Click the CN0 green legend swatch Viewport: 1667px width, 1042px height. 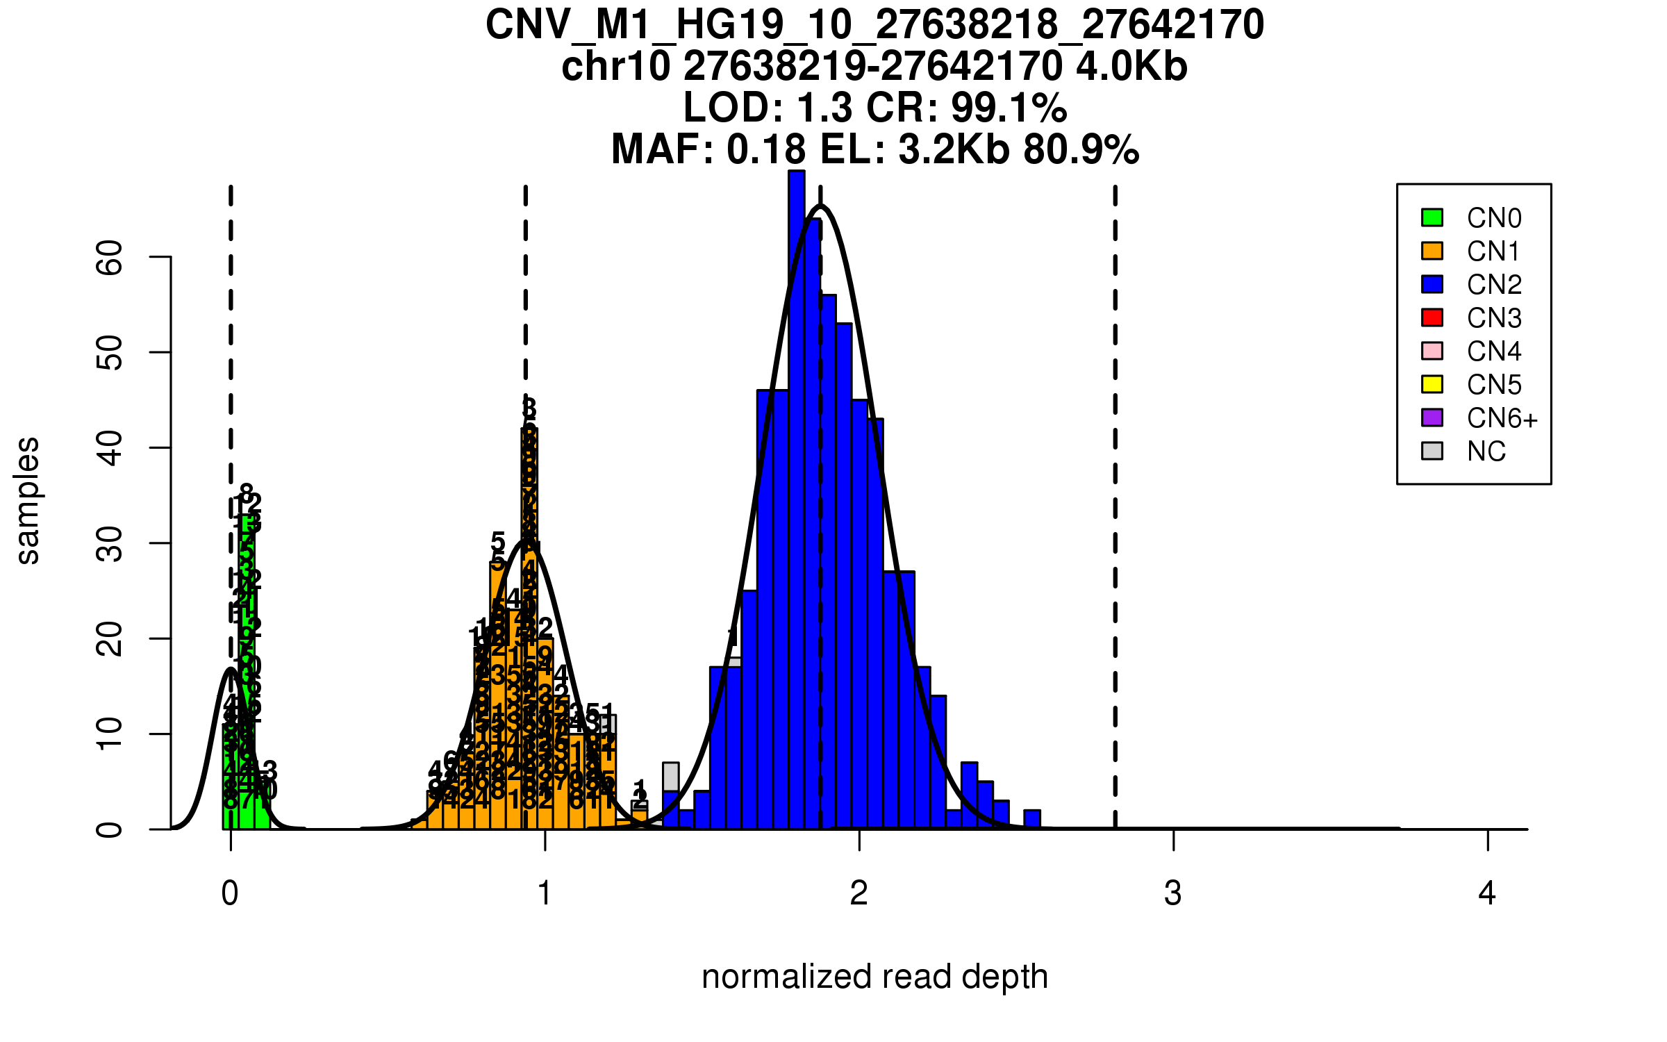[1432, 217]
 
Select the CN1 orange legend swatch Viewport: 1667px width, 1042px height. [1432, 251]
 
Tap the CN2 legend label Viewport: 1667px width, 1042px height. [1494, 285]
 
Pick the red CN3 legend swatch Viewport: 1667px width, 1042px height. [1432, 317]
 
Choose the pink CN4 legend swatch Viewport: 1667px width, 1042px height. [1432, 351]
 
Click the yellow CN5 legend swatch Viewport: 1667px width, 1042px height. [1432, 384]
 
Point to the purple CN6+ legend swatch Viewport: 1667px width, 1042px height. [1432, 417]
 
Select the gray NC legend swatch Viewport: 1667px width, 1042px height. [1432, 451]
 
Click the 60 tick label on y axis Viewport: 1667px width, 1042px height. [110, 258]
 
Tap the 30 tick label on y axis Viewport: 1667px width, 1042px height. [110, 543]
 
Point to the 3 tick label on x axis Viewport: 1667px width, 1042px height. [1173, 893]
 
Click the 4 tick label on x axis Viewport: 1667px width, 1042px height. [1487, 893]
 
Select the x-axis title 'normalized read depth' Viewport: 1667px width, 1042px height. [874, 977]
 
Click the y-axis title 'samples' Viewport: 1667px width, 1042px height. [28, 500]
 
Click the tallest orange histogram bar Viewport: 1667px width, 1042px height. [529, 625]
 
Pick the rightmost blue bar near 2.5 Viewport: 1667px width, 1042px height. [1032, 820]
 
